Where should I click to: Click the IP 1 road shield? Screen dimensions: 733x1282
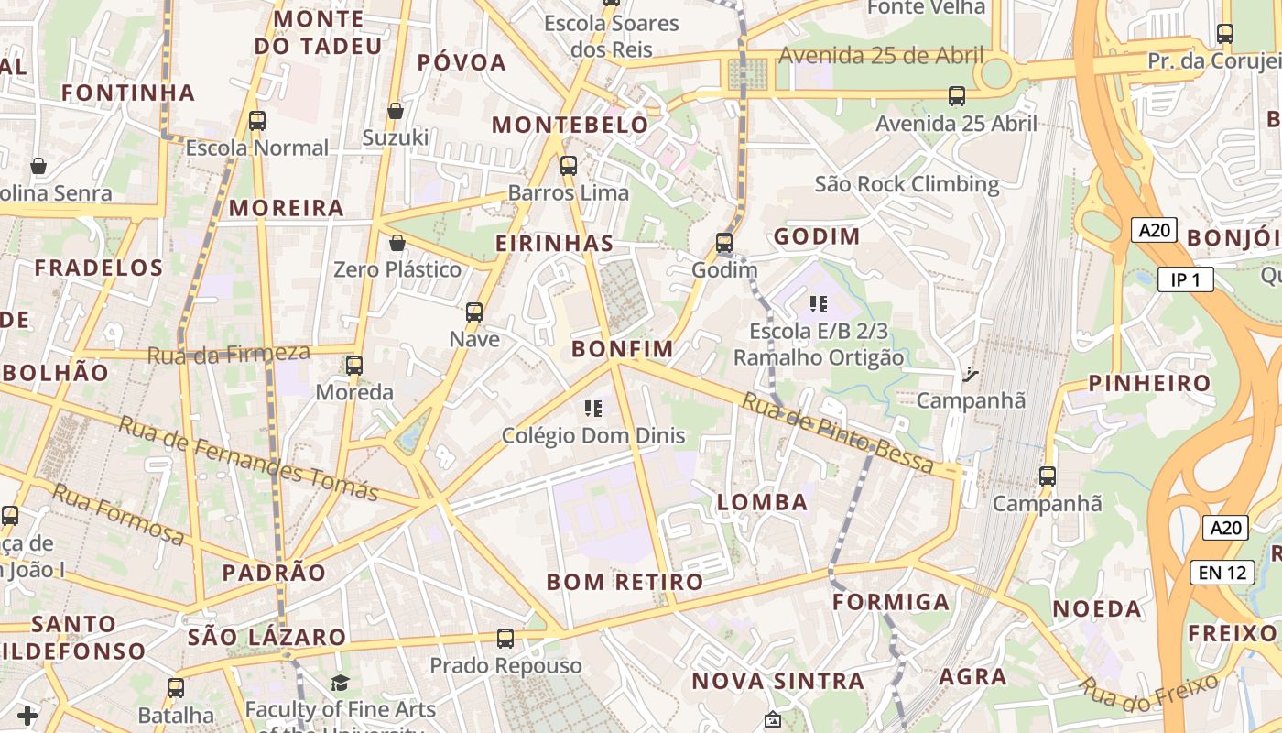(x=1185, y=279)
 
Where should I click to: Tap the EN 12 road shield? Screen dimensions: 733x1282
(x=1222, y=573)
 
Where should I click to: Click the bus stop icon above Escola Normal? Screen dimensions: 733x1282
(x=256, y=120)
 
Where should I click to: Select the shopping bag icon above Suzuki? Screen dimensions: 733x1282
(x=396, y=111)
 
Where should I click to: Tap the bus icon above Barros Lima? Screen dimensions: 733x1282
(x=569, y=166)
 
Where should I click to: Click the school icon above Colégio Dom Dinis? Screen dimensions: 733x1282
(x=593, y=408)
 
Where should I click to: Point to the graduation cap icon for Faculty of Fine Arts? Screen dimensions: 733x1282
(x=340, y=683)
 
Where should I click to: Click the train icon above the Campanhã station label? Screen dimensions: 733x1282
(x=970, y=374)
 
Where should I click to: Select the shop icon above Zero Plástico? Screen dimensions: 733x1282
(x=397, y=243)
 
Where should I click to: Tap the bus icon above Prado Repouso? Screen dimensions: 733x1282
(x=505, y=638)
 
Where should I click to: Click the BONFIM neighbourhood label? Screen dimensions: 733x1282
(x=623, y=349)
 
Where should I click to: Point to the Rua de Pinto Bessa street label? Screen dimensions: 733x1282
(x=837, y=432)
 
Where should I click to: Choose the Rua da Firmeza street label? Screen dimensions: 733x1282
(x=228, y=353)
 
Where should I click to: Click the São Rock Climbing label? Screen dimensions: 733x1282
(x=907, y=184)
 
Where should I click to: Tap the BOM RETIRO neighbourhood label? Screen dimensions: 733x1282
(x=625, y=582)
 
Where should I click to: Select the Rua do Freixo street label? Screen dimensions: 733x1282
(x=1149, y=695)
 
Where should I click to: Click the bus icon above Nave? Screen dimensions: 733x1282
(x=474, y=312)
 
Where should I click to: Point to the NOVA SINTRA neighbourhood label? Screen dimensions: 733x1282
(x=777, y=681)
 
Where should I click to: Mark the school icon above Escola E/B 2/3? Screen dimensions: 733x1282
(x=819, y=304)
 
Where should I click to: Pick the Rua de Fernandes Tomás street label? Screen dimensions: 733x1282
(x=248, y=457)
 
